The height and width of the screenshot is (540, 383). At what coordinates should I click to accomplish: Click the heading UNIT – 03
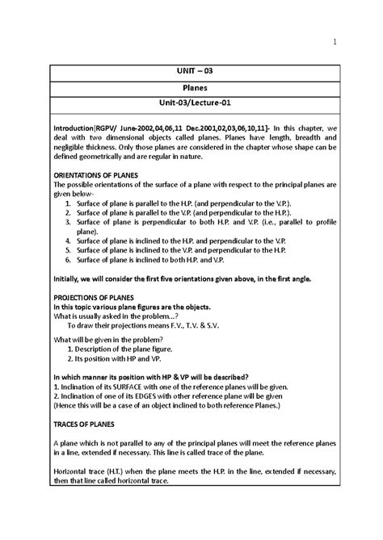(x=191, y=71)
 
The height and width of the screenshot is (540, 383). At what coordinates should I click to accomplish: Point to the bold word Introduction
(x=72, y=130)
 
